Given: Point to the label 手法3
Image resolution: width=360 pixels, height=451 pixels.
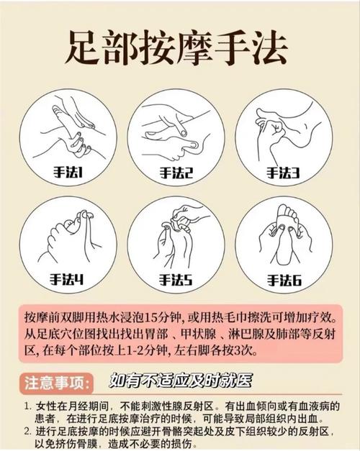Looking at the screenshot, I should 282,173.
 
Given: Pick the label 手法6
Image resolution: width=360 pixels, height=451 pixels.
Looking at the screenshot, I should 282,279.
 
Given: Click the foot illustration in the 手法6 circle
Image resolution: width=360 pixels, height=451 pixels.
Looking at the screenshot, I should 286,231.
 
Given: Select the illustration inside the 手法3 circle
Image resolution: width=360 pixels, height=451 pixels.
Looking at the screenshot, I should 284,129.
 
